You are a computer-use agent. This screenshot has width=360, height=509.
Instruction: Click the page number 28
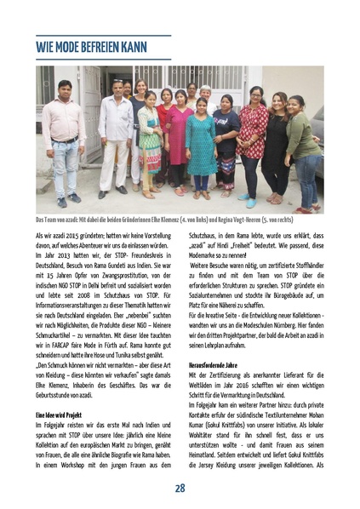pyautogui.click(x=180, y=488)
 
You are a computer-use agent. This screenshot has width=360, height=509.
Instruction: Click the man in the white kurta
pyautogui.click(x=115, y=136)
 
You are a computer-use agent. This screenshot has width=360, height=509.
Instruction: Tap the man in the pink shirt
pyautogui.click(x=63, y=136)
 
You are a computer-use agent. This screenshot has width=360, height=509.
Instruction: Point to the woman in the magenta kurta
pyautogui.click(x=179, y=140)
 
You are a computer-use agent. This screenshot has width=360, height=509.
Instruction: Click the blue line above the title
pyautogui.click(x=103, y=36)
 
